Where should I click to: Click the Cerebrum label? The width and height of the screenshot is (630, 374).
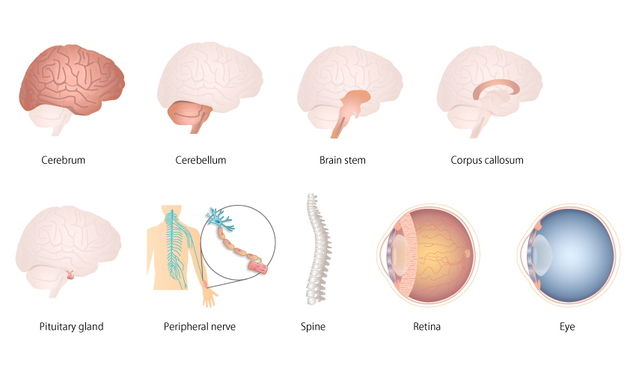point(64,160)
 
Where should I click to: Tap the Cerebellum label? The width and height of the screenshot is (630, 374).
point(201,160)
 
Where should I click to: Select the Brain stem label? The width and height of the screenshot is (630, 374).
point(342,160)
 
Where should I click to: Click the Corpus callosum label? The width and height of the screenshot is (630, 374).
point(487,160)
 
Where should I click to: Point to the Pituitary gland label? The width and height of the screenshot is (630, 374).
point(71,327)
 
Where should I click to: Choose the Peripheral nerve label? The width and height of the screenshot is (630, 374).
point(200,327)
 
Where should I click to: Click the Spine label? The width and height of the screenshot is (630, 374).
point(313,327)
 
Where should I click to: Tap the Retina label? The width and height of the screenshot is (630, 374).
point(426,327)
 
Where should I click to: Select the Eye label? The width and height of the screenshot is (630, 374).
point(566,327)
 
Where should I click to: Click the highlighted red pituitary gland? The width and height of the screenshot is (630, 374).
point(70,275)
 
